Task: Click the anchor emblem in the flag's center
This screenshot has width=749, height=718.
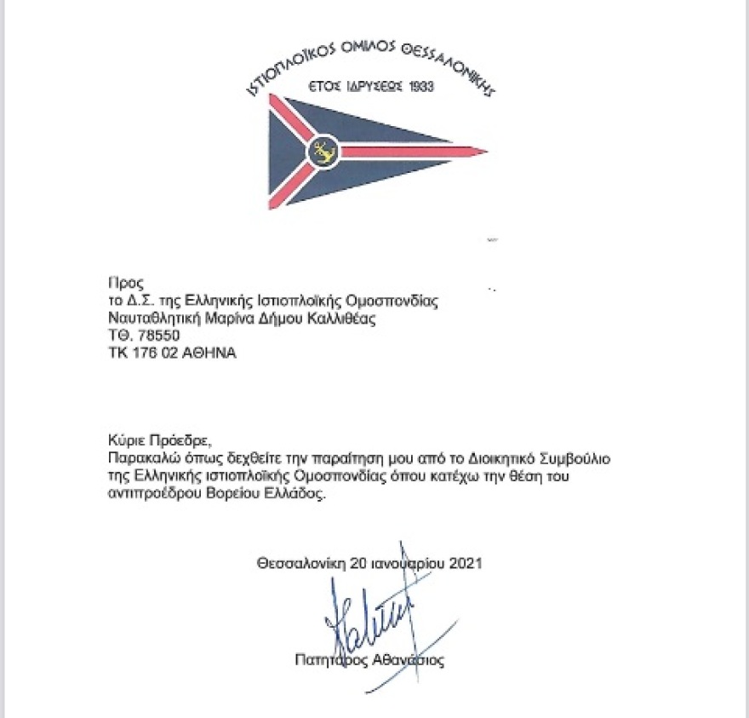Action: (323, 152)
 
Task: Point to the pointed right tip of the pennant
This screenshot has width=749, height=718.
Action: (485, 153)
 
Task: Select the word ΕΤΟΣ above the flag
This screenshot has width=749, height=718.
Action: (324, 87)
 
